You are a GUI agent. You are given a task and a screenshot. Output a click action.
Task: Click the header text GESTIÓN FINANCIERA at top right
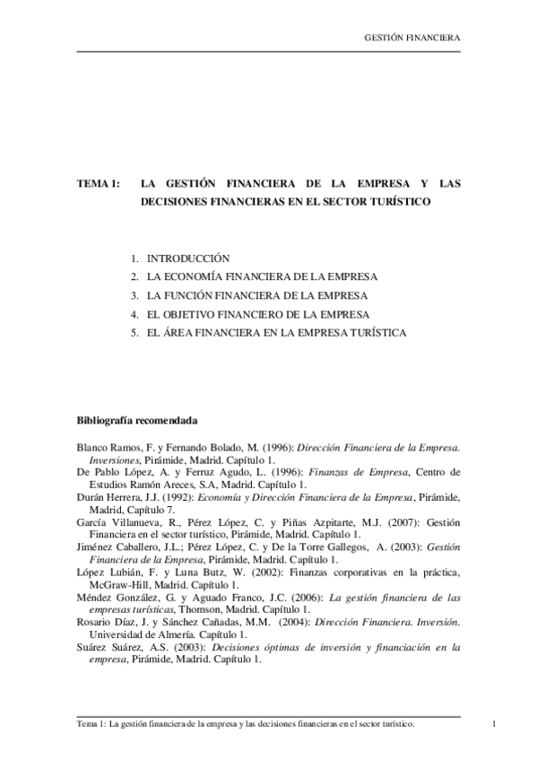click(411, 39)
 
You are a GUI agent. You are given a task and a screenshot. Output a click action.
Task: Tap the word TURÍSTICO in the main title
click(402, 203)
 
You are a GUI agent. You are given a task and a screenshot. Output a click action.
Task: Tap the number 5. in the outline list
click(134, 333)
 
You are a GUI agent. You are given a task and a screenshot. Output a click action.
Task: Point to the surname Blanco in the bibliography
click(94, 446)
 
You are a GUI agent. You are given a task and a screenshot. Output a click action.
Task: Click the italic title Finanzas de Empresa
click(358, 471)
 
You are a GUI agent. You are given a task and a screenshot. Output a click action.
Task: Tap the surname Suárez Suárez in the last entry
click(110, 646)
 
